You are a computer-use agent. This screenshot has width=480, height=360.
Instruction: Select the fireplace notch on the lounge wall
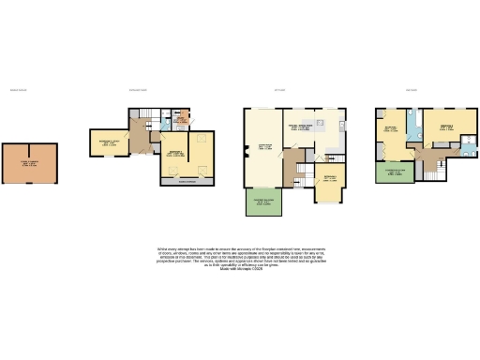(x=246, y=146)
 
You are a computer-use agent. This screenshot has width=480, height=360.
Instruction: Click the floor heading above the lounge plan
(x=278, y=90)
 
